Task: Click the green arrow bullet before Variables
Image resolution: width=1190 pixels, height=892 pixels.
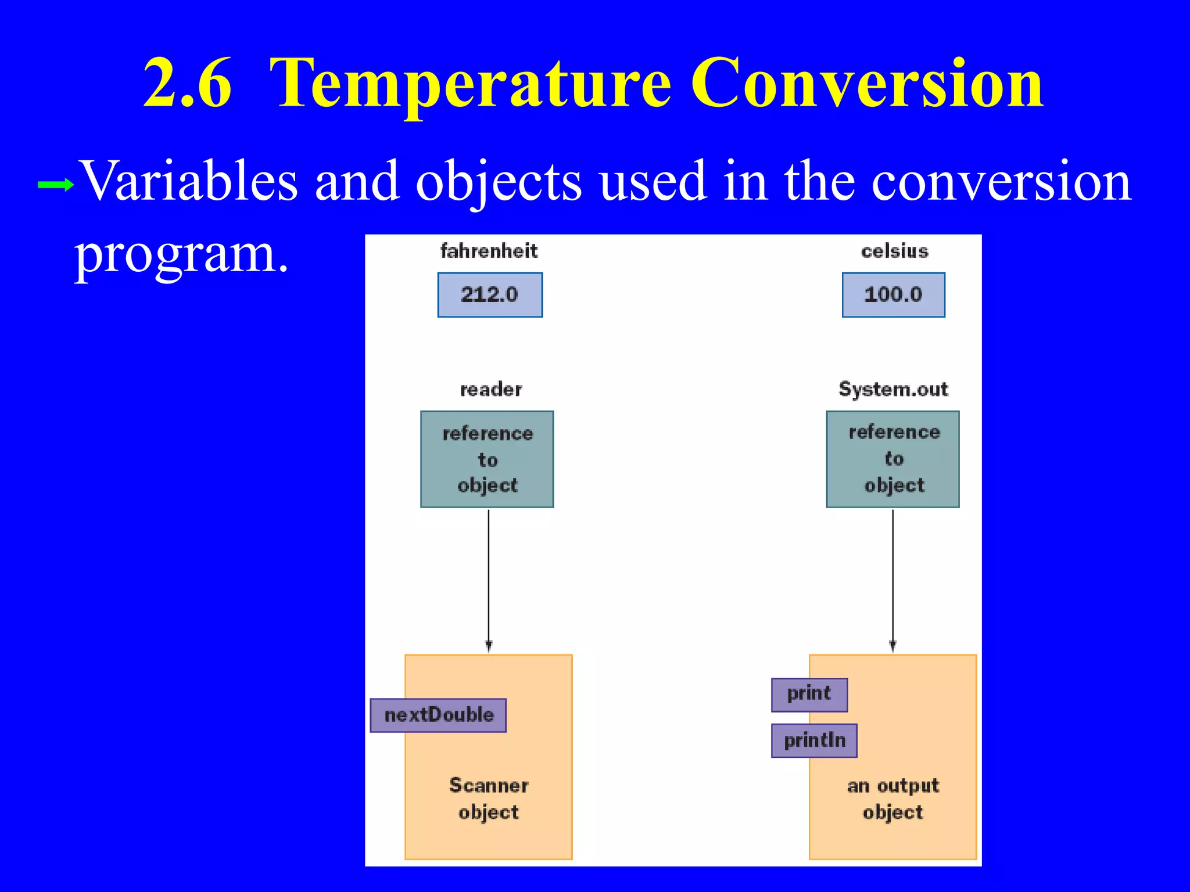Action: click(55, 185)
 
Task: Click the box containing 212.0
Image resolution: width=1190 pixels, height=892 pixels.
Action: click(490, 295)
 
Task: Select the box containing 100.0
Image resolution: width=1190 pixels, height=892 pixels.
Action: click(893, 295)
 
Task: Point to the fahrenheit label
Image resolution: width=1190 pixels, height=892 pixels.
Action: click(489, 251)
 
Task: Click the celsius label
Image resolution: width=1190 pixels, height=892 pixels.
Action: click(894, 251)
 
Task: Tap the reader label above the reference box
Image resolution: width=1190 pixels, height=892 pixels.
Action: click(491, 389)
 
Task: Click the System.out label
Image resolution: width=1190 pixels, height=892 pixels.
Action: click(893, 389)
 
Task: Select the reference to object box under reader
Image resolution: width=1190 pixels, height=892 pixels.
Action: click(487, 459)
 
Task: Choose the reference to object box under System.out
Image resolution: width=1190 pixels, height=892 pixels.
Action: click(892, 459)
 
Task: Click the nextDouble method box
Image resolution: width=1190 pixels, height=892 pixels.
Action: click(438, 715)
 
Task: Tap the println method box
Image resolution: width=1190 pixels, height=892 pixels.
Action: click(814, 740)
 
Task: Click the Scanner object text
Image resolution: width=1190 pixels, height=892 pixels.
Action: click(489, 799)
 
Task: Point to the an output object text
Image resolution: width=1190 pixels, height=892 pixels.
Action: click(893, 799)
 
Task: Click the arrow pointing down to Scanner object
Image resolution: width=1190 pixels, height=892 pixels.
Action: click(489, 581)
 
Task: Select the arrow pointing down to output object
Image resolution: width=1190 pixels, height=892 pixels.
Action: click(893, 581)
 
